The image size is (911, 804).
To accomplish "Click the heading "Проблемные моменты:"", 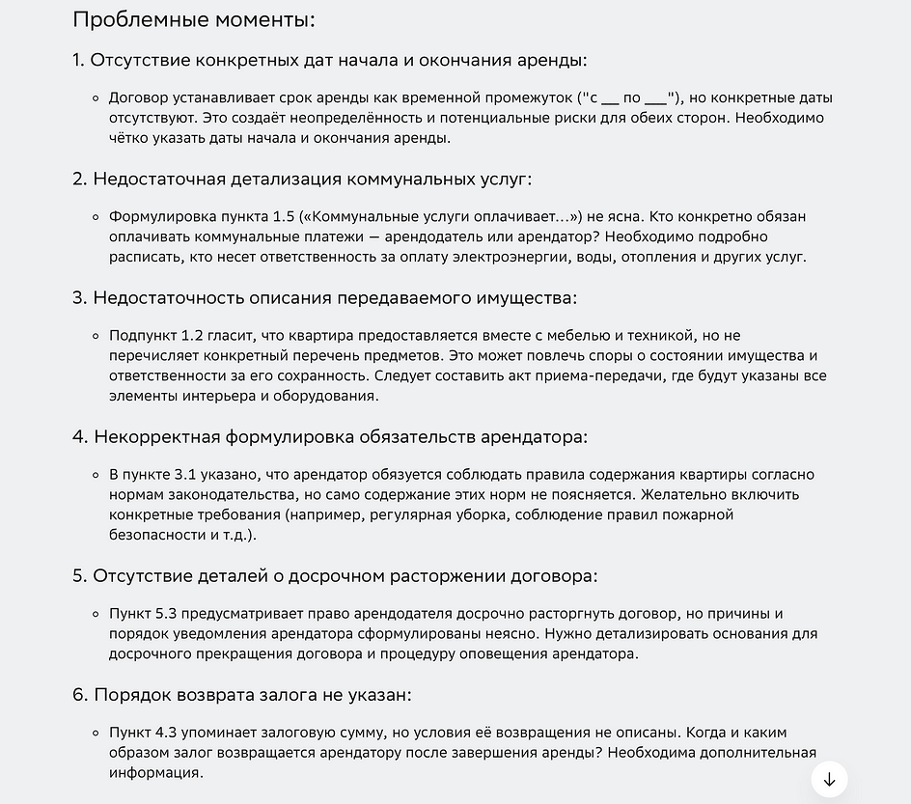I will tap(194, 19).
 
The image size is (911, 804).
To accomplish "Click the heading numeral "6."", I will tap(81, 695).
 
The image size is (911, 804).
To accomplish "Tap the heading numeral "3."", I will tap(80, 297).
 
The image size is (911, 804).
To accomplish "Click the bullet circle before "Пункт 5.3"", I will tap(96, 614).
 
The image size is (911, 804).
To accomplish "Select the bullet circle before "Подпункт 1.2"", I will tap(96, 336).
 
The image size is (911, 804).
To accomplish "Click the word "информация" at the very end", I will tap(154, 773).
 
